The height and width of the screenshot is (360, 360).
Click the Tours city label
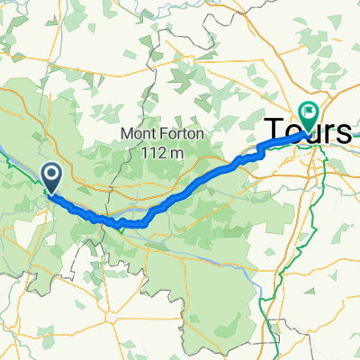point(307,131)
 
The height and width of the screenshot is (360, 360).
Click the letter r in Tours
point(329,132)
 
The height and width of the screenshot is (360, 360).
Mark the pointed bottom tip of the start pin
point(51,191)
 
